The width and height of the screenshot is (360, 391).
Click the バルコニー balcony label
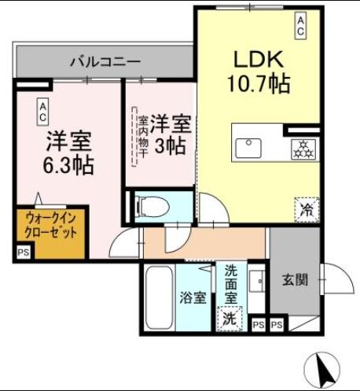click(x=104, y=61)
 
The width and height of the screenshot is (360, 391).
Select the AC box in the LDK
click(x=300, y=26)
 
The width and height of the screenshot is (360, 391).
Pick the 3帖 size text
click(x=169, y=146)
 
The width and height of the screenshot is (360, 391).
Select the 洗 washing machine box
click(x=229, y=319)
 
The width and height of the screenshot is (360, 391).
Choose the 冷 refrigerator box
click(x=304, y=208)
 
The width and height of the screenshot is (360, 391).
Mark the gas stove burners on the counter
click(x=300, y=146)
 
